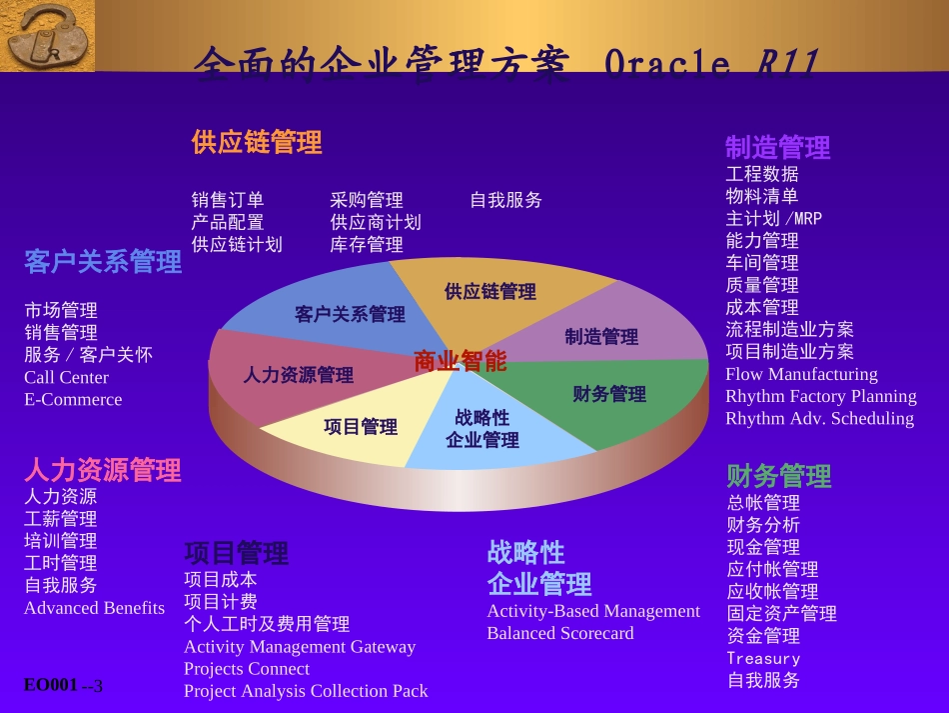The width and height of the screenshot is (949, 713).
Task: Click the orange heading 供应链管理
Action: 257,142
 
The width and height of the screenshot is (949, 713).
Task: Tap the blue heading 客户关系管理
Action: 103,263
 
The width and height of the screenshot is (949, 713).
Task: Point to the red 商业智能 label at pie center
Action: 460,361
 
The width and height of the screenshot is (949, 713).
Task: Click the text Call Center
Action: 66,377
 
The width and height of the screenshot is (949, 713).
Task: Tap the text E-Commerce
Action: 73,399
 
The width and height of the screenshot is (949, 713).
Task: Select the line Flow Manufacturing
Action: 801,374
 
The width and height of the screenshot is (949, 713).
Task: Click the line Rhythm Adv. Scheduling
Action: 819,418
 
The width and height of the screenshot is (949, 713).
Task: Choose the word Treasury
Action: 763,658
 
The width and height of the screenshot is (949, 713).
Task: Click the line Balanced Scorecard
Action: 560,633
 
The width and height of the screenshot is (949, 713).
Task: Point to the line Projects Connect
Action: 247,668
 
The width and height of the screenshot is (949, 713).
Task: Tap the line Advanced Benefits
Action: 94,607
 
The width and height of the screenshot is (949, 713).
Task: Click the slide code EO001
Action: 51,684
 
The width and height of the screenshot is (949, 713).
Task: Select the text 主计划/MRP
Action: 774,218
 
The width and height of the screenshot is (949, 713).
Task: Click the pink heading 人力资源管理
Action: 103,469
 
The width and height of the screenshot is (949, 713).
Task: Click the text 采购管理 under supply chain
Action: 367,200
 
